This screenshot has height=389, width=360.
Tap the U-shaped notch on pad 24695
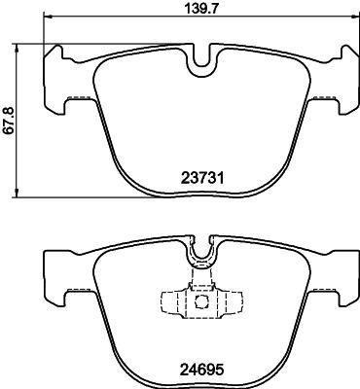[x=201, y=257]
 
